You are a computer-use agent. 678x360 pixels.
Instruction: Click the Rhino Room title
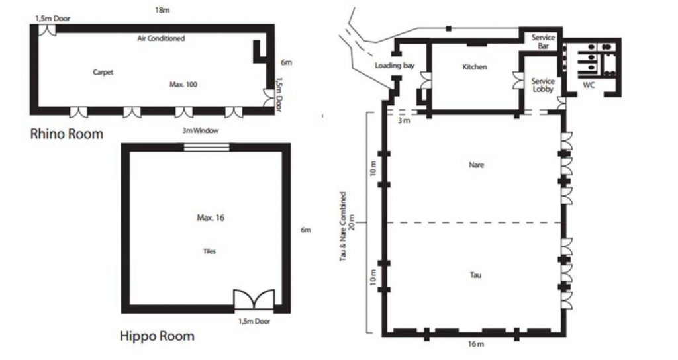pyautogui.click(x=67, y=134)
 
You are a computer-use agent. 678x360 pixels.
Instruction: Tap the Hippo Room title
pyautogui.click(x=157, y=336)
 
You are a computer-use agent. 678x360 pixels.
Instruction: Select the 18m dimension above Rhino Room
pyautogui.click(x=162, y=10)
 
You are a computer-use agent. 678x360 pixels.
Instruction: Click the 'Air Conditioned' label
pyautogui.click(x=161, y=38)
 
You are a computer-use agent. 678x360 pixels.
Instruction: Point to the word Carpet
pyautogui.click(x=103, y=72)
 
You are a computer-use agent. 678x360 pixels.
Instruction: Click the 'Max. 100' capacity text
pyautogui.click(x=183, y=84)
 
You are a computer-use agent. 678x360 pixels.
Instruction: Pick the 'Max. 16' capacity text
pyautogui.click(x=211, y=218)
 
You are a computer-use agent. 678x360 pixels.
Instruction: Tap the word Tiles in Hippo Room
pyautogui.click(x=209, y=251)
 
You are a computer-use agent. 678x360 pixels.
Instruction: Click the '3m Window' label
pyautogui.click(x=200, y=130)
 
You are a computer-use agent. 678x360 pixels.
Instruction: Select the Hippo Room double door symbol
pyautogui.click(x=254, y=299)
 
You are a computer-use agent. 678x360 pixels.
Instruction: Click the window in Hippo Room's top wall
pyautogui.click(x=207, y=147)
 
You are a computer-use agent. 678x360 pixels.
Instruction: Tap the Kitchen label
pyautogui.click(x=475, y=67)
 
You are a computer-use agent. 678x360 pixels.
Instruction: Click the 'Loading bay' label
pyautogui.click(x=395, y=66)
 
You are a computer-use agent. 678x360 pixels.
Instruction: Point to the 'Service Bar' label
pyautogui.click(x=543, y=42)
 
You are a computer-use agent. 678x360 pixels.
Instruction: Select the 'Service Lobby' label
pyautogui.click(x=543, y=85)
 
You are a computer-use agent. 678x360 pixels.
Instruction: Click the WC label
pyautogui.click(x=589, y=85)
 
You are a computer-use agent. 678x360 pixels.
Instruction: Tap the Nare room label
pyautogui.click(x=476, y=165)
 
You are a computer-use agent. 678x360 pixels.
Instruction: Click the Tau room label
pyautogui.click(x=475, y=275)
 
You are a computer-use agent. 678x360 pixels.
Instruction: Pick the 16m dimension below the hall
pyautogui.click(x=475, y=344)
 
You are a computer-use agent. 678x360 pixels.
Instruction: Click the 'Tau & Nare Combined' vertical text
pyautogui.click(x=344, y=226)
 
